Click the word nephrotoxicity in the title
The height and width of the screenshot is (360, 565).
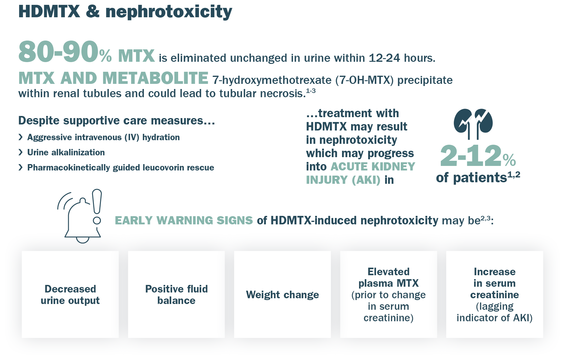point(169,12)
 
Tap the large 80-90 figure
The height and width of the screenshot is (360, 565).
point(58,52)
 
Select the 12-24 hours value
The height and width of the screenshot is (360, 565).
point(402,58)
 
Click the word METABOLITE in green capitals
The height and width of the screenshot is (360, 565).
point(155,78)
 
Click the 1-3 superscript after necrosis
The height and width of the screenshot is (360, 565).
point(311,91)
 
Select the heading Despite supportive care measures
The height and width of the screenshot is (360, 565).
point(117,121)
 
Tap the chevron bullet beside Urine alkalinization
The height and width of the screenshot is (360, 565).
point(21,152)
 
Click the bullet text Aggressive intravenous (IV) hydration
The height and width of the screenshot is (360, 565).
point(103,137)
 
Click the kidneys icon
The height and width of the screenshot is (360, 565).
point(473,124)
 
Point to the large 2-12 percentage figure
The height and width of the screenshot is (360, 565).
point(478,156)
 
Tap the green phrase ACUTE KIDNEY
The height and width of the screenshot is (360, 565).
point(373,167)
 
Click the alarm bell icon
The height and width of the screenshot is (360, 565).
point(79,218)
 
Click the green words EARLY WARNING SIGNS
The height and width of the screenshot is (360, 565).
point(184,220)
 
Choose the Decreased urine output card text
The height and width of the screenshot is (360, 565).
point(70,295)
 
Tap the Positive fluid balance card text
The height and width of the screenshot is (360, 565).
point(176,295)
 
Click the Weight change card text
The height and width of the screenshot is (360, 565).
point(282,295)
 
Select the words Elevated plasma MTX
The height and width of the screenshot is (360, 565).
point(388,277)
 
